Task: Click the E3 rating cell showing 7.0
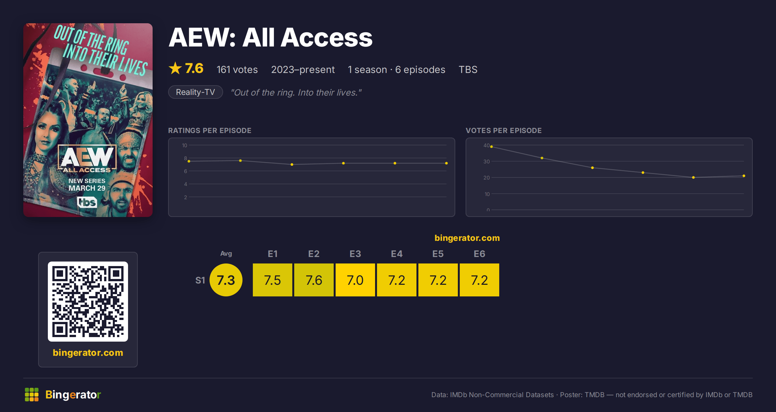355,280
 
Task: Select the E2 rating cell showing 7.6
314,280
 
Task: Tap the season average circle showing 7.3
226,280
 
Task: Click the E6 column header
479,254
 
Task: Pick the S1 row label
200,280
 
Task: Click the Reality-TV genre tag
195,92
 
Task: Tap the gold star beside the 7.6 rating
175,68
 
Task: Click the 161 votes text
237,69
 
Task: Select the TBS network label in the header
468,69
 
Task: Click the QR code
88,302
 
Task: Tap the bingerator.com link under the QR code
88,352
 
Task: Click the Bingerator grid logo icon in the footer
32,395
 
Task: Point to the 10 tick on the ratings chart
184,145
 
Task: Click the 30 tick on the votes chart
486,161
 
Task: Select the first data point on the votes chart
491,147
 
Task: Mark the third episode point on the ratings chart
292,164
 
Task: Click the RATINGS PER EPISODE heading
210,130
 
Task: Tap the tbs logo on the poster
87,202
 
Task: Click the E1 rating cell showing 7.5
272,280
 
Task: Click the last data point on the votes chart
744,176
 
